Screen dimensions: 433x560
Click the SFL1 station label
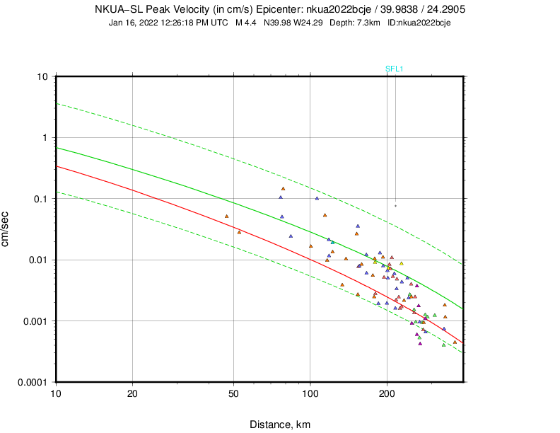point(394,69)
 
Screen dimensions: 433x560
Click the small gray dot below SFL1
point(395,206)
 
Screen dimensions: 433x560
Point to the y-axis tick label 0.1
point(40,199)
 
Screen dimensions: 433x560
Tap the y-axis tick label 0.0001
point(33,382)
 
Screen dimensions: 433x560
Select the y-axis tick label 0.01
point(38,260)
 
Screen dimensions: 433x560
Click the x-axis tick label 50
point(233,393)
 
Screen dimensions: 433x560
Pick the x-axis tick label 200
point(387,393)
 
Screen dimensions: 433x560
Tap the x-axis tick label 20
point(132,393)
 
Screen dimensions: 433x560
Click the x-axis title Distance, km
point(280,425)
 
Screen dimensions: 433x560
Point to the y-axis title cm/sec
point(6,229)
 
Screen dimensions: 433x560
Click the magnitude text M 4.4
point(246,23)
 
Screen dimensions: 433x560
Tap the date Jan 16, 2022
point(133,23)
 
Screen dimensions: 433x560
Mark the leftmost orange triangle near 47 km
point(227,216)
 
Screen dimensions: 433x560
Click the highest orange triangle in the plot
point(283,189)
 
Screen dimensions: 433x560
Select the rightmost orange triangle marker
point(455,342)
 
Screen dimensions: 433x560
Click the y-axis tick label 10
point(42,76)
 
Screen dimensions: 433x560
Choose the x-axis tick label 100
point(310,393)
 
